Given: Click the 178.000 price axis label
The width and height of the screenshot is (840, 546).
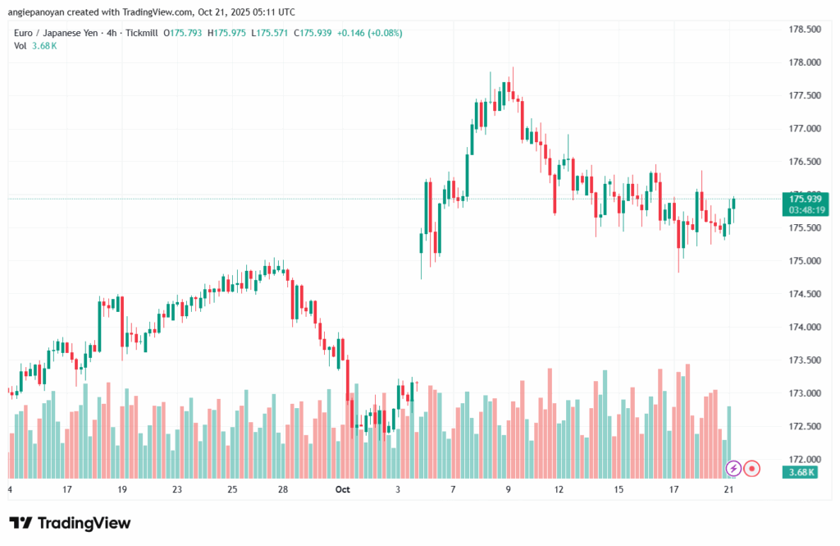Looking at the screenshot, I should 804,62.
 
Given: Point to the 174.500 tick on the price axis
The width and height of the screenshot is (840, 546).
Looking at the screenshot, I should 804,294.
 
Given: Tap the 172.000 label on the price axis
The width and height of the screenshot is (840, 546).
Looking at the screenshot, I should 804,459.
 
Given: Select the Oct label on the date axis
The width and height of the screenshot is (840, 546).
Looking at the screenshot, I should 343,489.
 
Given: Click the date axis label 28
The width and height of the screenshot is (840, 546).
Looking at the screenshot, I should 282,489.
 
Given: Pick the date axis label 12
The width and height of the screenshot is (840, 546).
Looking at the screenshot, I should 559,489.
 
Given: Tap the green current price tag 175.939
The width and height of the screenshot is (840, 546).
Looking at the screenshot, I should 806,199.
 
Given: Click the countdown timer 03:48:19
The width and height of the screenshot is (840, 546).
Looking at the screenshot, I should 806,210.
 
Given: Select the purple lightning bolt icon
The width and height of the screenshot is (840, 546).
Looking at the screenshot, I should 734,469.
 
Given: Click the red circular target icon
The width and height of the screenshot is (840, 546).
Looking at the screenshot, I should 752,469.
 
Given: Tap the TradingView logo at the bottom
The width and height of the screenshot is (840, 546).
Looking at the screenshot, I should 70,523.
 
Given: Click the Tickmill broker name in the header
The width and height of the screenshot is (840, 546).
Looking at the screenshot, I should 142,33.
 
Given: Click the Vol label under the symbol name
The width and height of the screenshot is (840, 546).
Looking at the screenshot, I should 21,46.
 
